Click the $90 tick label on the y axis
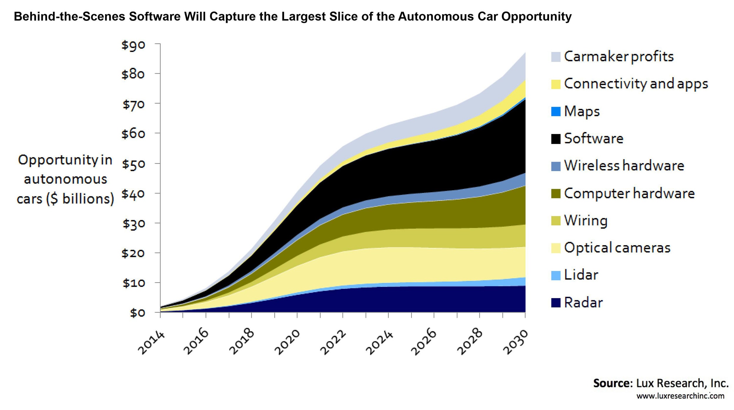point(133,45)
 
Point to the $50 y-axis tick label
point(133,164)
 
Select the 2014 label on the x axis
point(151,342)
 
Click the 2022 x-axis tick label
point(333,342)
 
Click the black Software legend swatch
point(555,139)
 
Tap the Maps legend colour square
point(555,112)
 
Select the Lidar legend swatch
point(555,275)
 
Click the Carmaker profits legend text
point(619,56)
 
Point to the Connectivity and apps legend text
point(636,84)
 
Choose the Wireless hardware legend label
point(624,166)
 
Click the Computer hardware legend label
point(629,193)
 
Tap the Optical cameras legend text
point(617,248)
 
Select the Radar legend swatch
point(555,303)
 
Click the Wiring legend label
point(585,221)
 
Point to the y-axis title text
point(65,179)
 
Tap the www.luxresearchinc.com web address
point(680,396)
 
